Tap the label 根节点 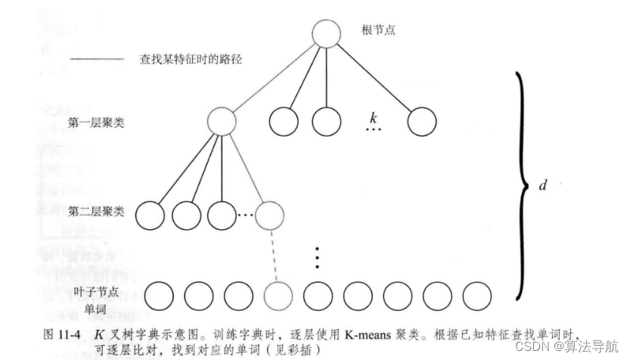point(380,30)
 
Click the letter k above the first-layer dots point(372,118)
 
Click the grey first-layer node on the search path point(221,122)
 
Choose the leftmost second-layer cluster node point(151,215)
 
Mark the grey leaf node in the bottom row point(278,295)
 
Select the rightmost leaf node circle point(476,295)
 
